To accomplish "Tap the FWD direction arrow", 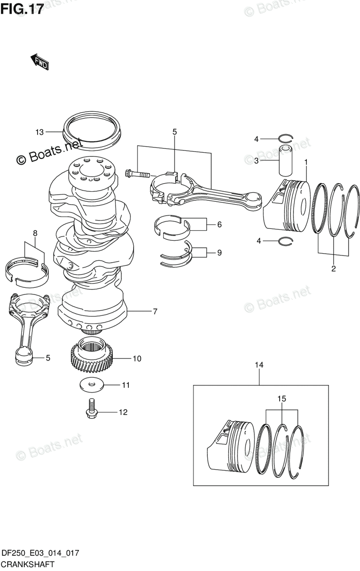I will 39,62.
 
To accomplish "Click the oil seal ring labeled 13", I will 93,127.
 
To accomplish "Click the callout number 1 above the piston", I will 306,162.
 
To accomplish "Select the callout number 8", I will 35,233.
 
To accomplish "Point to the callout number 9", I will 219,253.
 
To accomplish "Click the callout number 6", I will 219,225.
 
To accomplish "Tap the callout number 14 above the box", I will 259,365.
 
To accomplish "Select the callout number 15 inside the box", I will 282,399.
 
